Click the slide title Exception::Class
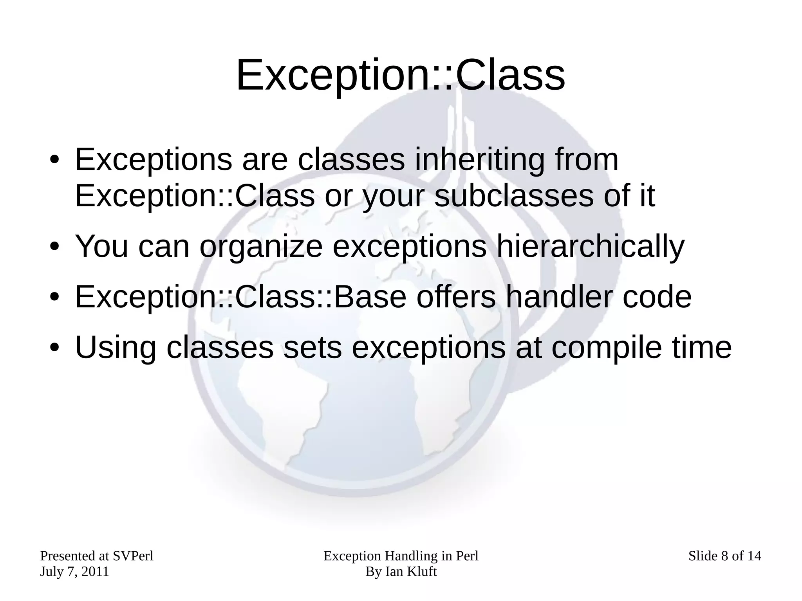[400, 75]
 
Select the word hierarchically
[590, 247]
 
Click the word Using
[116, 348]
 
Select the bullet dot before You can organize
[54, 247]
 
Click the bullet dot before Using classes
[54, 348]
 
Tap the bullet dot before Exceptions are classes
[54, 160]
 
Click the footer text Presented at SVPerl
[97, 556]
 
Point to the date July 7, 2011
[74, 572]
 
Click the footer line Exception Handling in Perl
[401, 556]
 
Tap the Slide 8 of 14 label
[724, 556]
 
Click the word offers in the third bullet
[455, 297]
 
